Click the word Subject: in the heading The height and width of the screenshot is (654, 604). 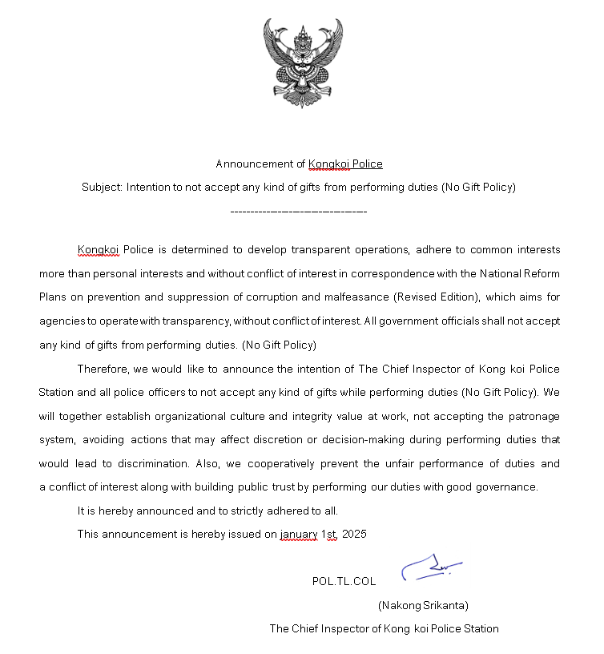pos(102,188)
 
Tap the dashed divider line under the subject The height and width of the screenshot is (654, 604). pos(298,212)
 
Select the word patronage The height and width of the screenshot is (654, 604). pos(534,416)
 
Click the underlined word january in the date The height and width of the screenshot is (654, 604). pos(299,534)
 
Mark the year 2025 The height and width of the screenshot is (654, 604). pos(353,534)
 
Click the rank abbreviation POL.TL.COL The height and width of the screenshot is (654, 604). pos(344,582)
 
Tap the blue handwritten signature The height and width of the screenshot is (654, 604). pos(431,567)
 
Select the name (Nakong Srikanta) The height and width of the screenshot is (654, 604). pos(423,605)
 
